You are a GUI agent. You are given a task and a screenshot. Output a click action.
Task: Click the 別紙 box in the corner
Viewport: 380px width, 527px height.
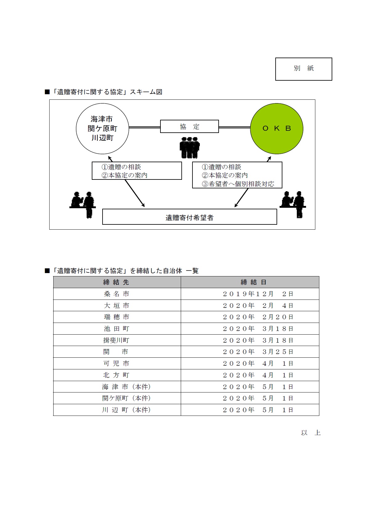point(303,69)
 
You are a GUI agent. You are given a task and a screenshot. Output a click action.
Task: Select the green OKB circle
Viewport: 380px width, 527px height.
point(277,128)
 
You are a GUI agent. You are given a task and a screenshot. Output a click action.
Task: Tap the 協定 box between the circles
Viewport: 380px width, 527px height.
point(189,127)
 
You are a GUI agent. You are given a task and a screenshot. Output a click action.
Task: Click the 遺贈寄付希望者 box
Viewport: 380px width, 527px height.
point(189,217)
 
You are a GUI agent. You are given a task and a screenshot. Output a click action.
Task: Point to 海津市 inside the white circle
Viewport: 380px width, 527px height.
point(102,119)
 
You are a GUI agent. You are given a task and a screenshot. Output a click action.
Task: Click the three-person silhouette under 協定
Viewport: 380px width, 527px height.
point(190,148)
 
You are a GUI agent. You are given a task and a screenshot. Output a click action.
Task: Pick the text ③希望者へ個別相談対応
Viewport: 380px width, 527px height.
point(238,184)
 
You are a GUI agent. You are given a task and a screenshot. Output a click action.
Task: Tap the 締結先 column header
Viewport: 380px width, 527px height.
point(116,282)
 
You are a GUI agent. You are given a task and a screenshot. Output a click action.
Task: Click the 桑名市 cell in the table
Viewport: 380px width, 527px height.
point(116,294)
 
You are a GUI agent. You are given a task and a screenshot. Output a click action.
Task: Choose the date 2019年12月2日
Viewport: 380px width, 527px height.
point(258,294)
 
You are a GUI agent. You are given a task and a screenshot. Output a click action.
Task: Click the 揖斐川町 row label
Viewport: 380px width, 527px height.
point(116,340)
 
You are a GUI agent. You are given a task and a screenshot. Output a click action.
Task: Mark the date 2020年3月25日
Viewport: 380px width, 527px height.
point(258,352)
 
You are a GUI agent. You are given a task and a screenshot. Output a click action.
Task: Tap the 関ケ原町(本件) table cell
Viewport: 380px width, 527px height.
point(126,398)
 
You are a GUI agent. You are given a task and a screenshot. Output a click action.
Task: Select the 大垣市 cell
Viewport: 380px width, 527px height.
point(116,306)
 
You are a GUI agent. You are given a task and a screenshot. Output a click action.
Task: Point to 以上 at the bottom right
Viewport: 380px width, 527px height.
point(311,433)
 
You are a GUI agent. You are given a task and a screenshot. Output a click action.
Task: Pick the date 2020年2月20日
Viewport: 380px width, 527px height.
point(258,317)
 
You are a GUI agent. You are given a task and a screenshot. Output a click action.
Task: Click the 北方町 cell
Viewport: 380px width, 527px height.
point(116,375)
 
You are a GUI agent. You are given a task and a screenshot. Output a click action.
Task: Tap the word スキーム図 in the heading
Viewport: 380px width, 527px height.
point(146,92)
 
